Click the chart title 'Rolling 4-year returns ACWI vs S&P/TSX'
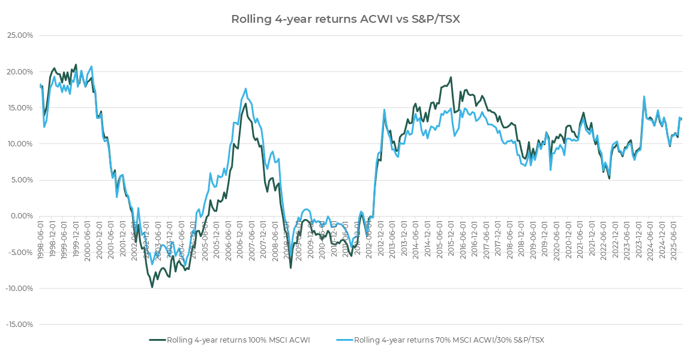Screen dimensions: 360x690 coord(346,19)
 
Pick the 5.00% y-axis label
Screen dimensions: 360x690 coord(20,180)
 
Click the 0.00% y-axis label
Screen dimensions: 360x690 coord(20,216)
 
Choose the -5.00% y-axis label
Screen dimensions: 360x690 coord(19,252)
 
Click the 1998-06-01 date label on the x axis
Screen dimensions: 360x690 coord(41,238)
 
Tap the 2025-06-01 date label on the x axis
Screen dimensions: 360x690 coord(674,238)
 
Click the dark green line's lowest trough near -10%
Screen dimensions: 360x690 coord(152,287)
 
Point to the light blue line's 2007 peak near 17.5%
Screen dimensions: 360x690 coord(245,89)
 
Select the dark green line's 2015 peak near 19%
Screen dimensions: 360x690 coord(451,77)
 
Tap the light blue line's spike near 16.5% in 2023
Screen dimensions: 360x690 coord(644,96)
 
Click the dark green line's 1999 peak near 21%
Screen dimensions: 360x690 coord(76,65)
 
